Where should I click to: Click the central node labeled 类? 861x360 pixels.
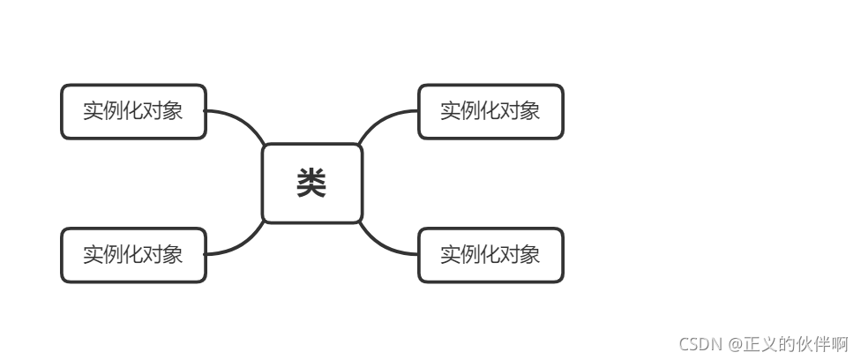click(x=312, y=184)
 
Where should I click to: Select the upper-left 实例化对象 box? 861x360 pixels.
click(x=133, y=111)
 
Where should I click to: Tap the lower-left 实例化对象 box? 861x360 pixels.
click(x=133, y=255)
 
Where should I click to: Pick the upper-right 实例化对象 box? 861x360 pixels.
click(x=490, y=111)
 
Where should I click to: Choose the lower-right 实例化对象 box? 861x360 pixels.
click(x=490, y=255)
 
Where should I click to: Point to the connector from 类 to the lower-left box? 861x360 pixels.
click(x=241, y=246)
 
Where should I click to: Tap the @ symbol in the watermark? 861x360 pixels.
click(x=735, y=343)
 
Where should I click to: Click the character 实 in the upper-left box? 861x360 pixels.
click(x=94, y=111)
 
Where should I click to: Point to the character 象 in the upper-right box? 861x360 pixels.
click(x=529, y=111)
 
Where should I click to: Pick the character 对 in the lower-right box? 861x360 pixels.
click(x=510, y=255)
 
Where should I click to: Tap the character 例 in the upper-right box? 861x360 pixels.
click(x=471, y=111)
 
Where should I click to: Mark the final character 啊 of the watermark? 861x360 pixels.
click(x=840, y=343)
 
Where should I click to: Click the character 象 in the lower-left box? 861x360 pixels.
click(x=173, y=255)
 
